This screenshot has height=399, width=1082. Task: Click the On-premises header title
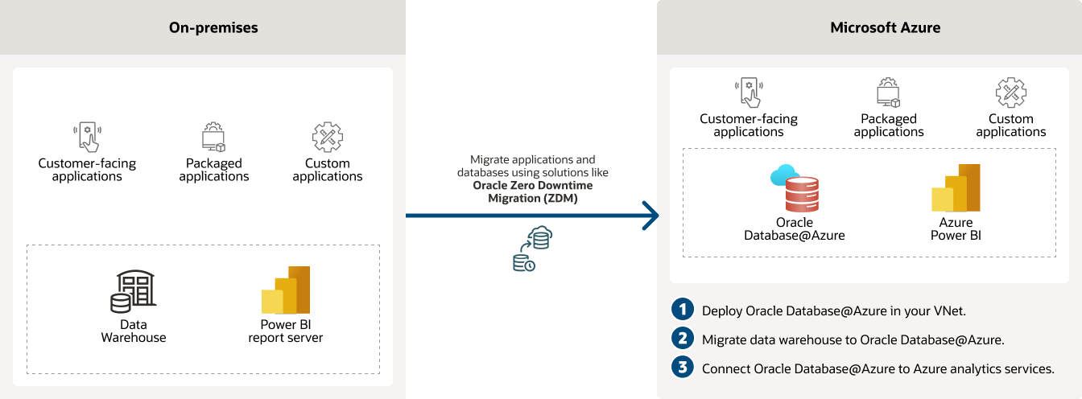(213, 27)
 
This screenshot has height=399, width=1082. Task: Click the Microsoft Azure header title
(886, 27)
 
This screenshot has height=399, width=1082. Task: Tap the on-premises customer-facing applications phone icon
(87, 138)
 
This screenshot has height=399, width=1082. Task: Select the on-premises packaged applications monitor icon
(213, 138)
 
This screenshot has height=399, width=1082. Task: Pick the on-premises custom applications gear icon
(328, 138)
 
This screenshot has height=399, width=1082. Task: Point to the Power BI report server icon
(287, 290)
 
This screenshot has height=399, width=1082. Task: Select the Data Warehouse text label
(134, 331)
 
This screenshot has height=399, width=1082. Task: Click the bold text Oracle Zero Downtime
(532, 186)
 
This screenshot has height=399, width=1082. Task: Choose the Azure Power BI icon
(956, 188)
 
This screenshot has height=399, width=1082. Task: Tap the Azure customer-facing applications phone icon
(750, 93)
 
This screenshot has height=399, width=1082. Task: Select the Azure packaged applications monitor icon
(888, 93)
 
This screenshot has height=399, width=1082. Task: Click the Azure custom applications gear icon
(1010, 93)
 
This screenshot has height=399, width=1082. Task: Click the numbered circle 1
(683, 310)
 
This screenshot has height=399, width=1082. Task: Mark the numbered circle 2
(683, 339)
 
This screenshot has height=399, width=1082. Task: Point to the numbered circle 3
(683, 368)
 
